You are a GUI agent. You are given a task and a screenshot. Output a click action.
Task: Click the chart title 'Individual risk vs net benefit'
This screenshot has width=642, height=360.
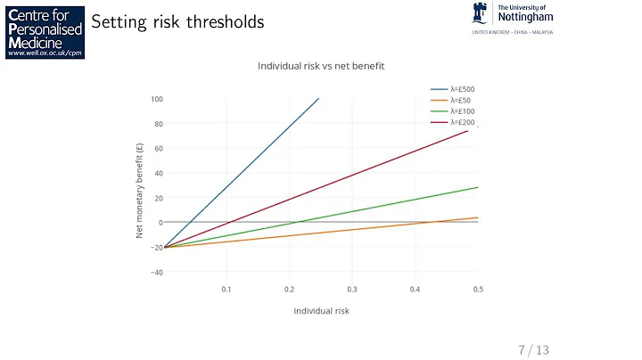pyautogui.click(x=320, y=66)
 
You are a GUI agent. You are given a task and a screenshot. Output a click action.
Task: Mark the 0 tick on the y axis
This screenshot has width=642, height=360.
pyautogui.click(x=160, y=223)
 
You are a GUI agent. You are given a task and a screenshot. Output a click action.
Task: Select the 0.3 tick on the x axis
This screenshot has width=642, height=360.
pyautogui.click(x=352, y=290)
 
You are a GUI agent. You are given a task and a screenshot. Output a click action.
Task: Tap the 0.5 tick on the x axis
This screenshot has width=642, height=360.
pyautogui.click(x=477, y=290)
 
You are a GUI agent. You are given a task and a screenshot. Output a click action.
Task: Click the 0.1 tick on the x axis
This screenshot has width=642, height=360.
pyautogui.click(x=226, y=290)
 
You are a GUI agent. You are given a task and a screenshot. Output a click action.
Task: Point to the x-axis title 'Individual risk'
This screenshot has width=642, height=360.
pyautogui.click(x=321, y=311)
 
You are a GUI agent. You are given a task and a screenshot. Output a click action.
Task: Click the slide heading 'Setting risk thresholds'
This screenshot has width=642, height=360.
pyautogui.click(x=178, y=22)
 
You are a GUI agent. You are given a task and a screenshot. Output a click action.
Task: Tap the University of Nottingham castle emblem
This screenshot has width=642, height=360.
pyautogui.click(x=480, y=15)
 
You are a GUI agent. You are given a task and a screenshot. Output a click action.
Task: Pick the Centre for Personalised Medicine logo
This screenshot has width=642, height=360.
pyautogui.click(x=44, y=31)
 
